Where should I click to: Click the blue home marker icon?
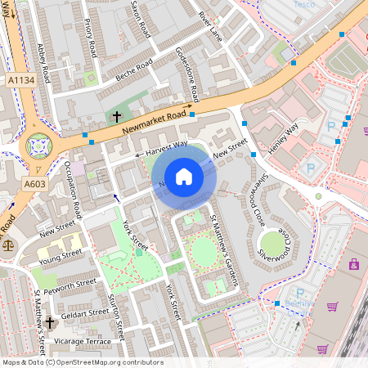184,177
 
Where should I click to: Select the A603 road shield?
34,185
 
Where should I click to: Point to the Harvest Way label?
166,149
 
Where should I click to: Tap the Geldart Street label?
86,312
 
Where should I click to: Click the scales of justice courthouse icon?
8,243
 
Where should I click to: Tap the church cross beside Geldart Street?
50,323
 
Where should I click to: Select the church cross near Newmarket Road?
117,117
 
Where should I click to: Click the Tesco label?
303,5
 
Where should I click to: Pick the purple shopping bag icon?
354,264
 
